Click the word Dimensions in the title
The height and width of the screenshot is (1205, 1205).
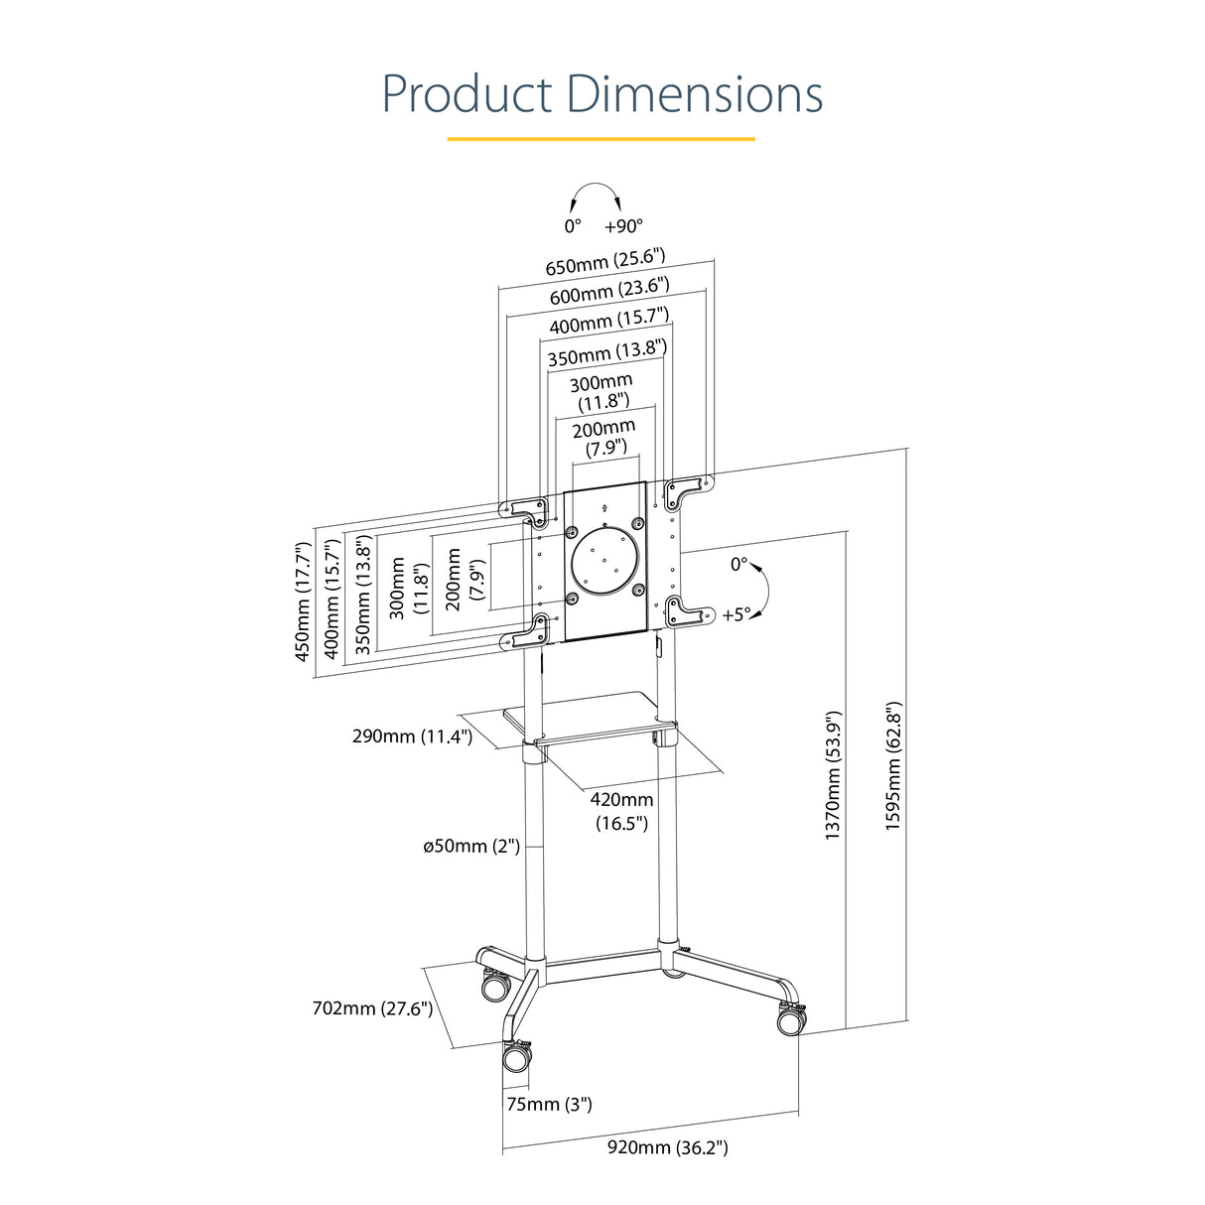click(x=694, y=94)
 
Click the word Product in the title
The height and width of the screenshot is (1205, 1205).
click(x=467, y=94)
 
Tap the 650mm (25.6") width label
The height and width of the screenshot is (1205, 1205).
click(x=604, y=263)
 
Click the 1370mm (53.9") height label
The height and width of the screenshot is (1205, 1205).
click(x=834, y=775)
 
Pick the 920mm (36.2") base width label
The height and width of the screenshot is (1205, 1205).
click(x=667, y=1148)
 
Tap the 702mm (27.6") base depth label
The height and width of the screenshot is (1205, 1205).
click(x=372, y=1008)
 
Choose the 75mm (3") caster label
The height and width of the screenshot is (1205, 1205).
click(x=549, y=1104)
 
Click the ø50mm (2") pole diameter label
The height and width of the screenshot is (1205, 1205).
click(x=471, y=847)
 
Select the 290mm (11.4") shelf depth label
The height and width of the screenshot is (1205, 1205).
click(x=412, y=736)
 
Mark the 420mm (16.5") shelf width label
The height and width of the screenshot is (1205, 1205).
click(x=622, y=811)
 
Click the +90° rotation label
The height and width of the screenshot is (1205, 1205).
click(x=623, y=226)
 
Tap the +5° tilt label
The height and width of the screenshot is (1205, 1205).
click(x=736, y=615)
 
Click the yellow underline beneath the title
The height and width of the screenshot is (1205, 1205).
click(x=602, y=139)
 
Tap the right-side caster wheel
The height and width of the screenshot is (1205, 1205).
click(x=789, y=1020)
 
